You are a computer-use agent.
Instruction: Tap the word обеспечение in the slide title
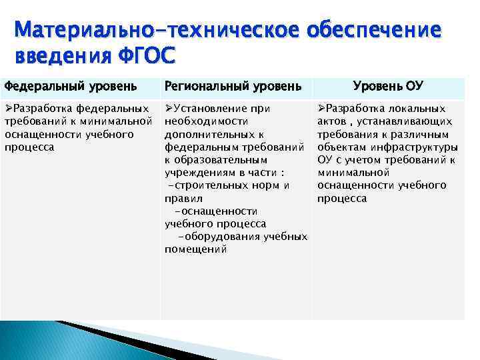click(373, 30)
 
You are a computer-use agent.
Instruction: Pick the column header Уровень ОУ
click(388, 86)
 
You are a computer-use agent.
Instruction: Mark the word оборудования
click(225, 237)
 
